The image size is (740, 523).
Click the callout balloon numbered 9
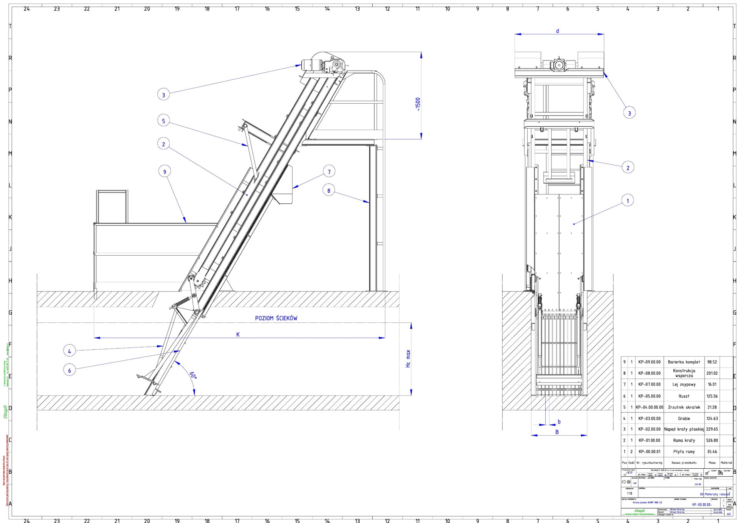165,172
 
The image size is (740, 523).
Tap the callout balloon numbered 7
329,171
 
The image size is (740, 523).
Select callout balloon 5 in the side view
163,121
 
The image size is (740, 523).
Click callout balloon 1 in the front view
627,200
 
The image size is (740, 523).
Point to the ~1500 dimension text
418,104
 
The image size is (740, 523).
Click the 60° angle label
193,375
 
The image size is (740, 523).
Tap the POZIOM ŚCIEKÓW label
276,318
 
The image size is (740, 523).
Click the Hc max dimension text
408,359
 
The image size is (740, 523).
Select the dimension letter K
238,334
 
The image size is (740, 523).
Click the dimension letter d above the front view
557,31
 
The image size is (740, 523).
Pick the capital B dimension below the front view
557,432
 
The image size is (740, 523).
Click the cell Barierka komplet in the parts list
684,362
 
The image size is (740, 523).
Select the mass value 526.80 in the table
712,440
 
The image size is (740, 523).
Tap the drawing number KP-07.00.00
649,384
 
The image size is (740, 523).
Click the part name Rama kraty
684,440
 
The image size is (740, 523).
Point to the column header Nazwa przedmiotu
684,463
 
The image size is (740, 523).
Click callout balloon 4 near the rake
69,351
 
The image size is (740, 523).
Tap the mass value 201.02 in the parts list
712,373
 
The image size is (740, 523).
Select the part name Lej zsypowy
684,384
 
